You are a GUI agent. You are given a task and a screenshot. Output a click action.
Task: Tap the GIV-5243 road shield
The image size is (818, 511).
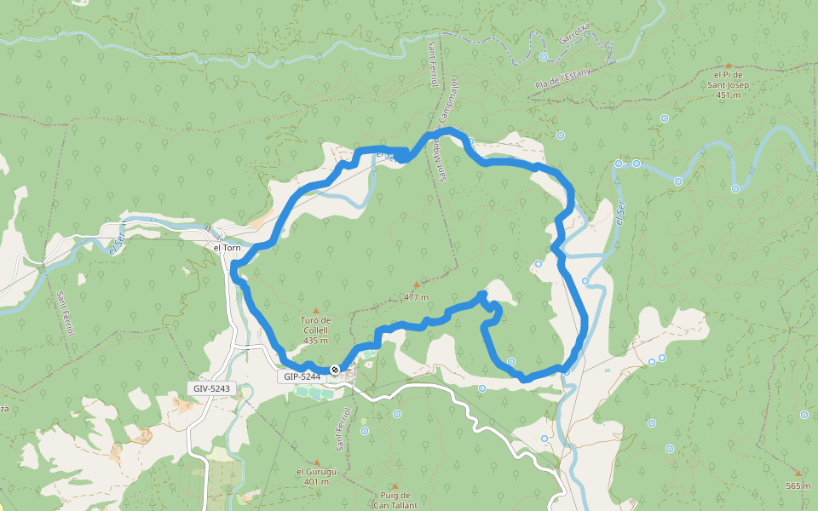tap(211, 388)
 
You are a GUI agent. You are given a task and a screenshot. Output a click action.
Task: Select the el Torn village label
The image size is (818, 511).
tap(228, 248)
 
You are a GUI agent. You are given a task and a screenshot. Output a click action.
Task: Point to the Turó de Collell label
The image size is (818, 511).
tap(315, 325)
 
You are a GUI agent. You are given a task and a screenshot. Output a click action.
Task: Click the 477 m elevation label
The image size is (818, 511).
tap(416, 297)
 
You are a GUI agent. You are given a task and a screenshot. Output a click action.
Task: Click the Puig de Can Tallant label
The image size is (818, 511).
tap(394, 500)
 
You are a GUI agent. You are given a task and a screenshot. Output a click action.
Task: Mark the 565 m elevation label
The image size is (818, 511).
tap(798, 485)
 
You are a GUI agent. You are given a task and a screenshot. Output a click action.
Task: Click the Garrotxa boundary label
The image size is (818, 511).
tap(573, 33)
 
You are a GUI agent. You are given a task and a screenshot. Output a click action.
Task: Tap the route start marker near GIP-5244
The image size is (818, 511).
tap(335, 370)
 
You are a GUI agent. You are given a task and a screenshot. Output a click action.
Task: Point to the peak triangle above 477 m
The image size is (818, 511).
tap(416, 284)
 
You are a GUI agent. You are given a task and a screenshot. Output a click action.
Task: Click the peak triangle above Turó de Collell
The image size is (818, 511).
tap(316, 310)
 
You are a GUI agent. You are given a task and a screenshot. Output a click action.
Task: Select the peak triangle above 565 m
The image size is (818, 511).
tap(798, 474)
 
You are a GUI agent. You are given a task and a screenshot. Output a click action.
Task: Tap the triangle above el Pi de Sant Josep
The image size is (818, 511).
tap(728, 64)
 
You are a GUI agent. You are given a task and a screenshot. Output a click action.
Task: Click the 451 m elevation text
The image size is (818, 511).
tap(728, 95)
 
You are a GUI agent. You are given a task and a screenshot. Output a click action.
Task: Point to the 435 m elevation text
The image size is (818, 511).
tap(315, 341)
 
